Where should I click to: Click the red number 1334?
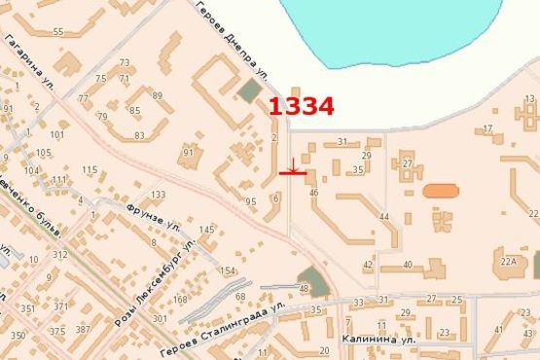pyautogui.click(x=301, y=107)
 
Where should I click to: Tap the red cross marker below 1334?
pyautogui.click(x=293, y=173)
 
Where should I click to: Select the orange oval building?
pyautogui.click(x=440, y=191)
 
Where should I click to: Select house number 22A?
pyautogui.click(x=508, y=261)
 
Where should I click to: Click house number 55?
pyautogui.click(x=58, y=32)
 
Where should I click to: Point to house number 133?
pyautogui.click(x=159, y=195)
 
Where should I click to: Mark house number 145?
pyautogui.click(x=206, y=230)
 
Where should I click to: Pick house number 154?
pyautogui.click(x=228, y=270)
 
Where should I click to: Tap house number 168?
pyautogui.click(x=180, y=300)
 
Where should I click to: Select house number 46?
pyautogui.click(x=313, y=193)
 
